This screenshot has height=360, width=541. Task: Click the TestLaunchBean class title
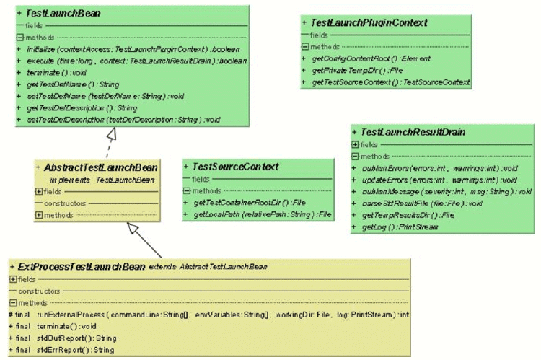(x=63, y=14)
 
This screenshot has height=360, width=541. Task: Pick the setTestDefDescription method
(x=123, y=120)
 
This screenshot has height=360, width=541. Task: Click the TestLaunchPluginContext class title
(x=369, y=23)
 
